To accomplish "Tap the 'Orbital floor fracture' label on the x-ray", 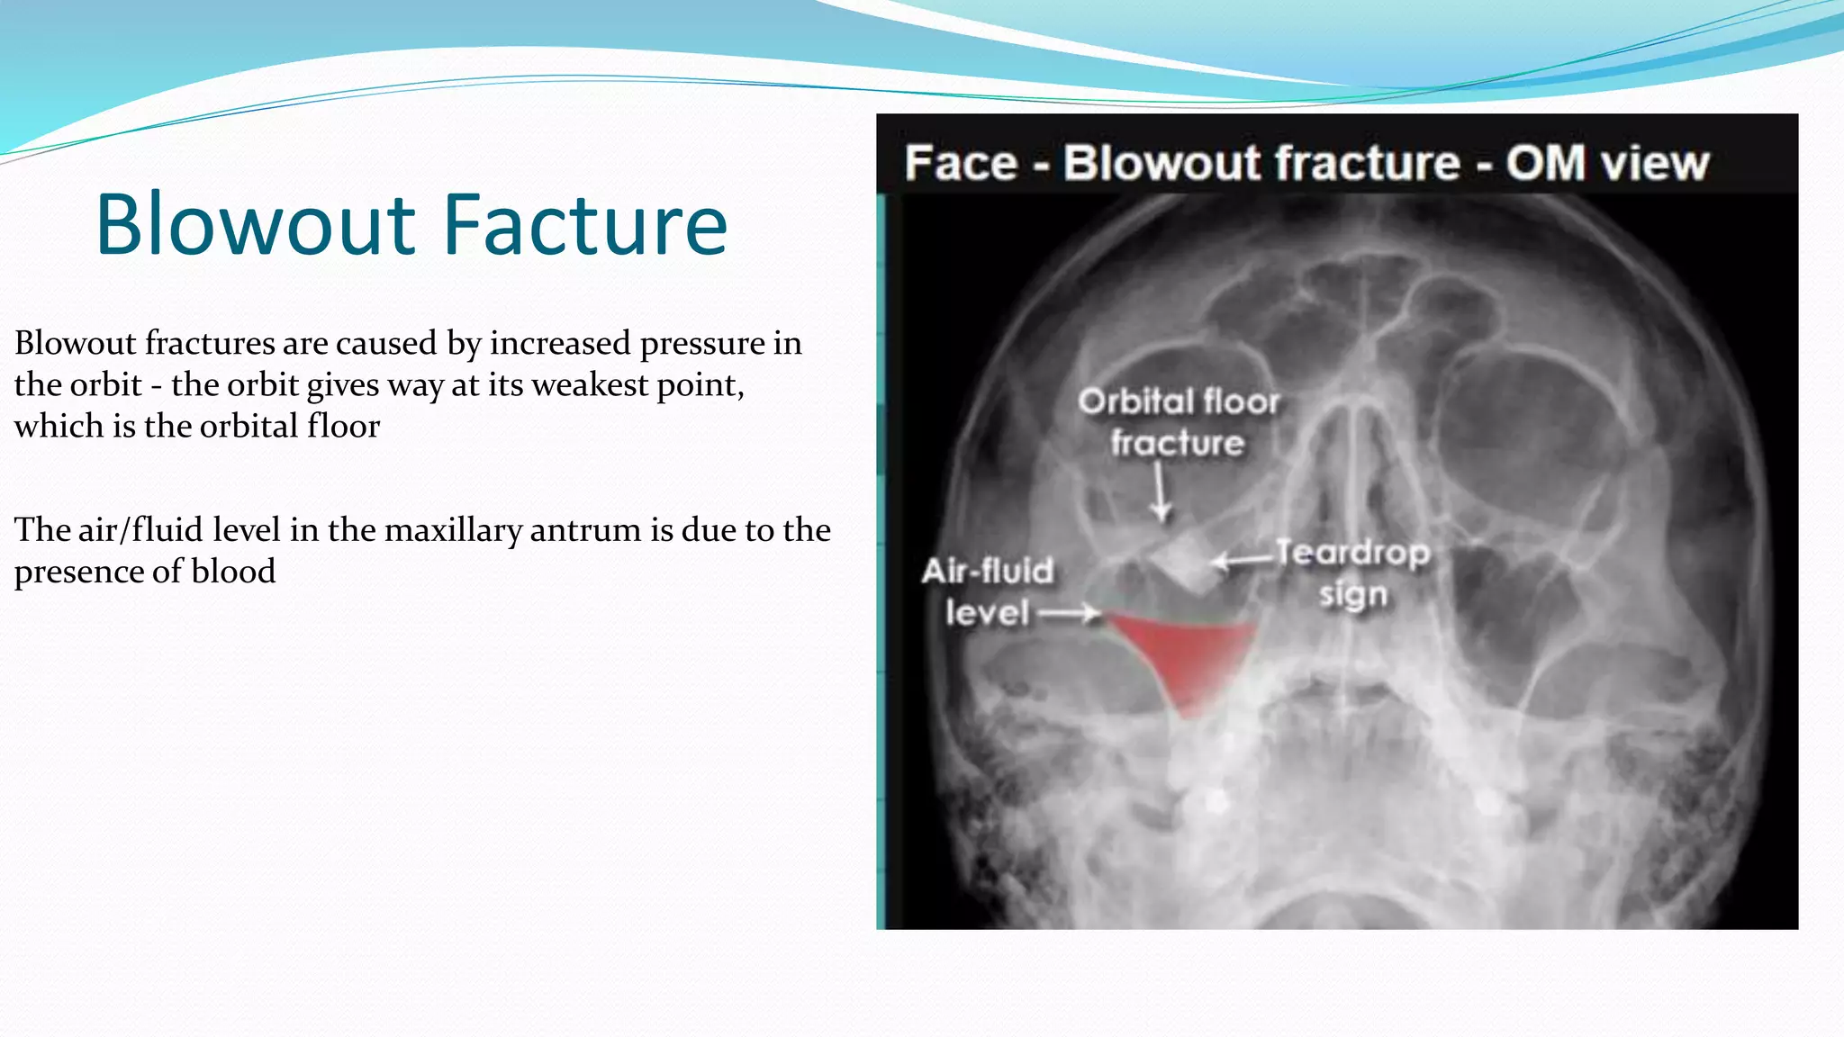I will [1179, 422].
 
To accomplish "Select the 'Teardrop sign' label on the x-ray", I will [1353, 573].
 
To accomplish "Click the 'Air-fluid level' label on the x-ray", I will [988, 591].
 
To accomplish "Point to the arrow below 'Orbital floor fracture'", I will [1162, 493].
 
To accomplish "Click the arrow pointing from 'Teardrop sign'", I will [1243, 561].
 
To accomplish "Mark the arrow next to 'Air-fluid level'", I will [1070, 614].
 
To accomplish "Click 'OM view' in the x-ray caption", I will [1607, 163].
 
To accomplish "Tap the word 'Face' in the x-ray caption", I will [962, 163].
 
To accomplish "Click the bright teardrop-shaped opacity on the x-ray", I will [1186, 561].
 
